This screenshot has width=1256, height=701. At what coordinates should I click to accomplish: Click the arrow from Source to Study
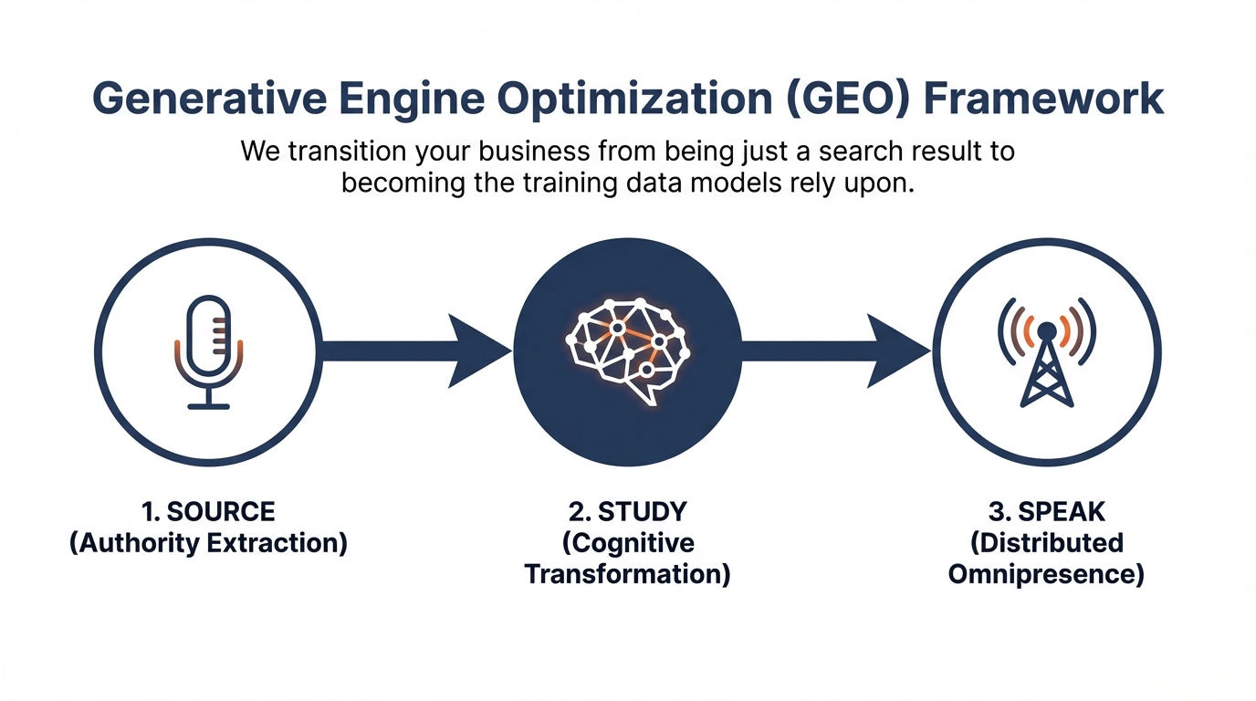coord(415,351)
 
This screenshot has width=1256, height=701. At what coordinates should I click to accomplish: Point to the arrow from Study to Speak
coord(835,351)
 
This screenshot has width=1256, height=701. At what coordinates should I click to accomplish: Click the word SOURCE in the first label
coord(221,511)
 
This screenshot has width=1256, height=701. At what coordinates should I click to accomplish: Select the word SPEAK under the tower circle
coord(1062,511)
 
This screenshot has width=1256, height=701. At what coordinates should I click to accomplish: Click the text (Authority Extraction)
coord(209,543)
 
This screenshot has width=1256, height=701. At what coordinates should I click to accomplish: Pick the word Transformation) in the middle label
coord(628,575)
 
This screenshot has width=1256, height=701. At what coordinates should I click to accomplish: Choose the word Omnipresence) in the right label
coord(1046,575)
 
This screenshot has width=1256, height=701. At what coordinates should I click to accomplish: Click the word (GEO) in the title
coord(847,99)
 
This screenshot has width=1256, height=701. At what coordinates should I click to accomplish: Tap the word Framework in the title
coord(1043,99)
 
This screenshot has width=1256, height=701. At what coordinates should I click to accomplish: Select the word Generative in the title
coord(209,99)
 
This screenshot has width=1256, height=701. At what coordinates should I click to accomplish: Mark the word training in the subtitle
coord(570,184)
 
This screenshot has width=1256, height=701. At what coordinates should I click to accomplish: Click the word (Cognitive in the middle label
coord(628,543)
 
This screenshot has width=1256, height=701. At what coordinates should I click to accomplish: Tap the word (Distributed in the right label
coord(1047,543)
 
